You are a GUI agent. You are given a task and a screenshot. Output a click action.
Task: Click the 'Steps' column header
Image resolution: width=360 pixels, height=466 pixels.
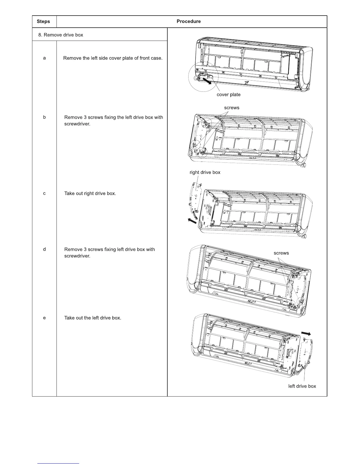coord(43,21)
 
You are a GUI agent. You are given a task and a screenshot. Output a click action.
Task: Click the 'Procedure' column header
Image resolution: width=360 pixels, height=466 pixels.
coord(189,21)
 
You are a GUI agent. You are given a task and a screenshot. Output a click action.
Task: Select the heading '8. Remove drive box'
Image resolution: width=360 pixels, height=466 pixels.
coord(61,35)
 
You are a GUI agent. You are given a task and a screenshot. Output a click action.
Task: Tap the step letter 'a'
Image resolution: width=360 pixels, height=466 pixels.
coord(44,58)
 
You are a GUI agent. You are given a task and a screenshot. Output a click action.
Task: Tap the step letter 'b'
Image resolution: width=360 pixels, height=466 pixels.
coord(44,117)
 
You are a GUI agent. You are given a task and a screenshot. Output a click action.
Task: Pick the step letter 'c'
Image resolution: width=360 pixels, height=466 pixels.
coord(44,194)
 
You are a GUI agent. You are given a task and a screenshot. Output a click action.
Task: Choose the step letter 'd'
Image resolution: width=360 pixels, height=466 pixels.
coord(44,249)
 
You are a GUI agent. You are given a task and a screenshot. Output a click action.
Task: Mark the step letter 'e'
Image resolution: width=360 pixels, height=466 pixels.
coord(44,318)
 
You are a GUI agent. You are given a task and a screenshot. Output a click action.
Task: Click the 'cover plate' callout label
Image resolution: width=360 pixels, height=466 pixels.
coord(229,95)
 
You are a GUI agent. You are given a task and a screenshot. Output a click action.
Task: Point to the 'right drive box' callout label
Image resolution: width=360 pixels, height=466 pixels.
coord(205,172)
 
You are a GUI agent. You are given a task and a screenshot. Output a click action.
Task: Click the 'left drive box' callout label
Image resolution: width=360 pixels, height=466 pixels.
coord(302,386)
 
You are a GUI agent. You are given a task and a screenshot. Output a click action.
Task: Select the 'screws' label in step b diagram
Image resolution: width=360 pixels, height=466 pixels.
coord(231,108)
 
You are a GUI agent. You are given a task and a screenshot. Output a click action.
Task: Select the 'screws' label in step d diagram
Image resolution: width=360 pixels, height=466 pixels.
coord(281,253)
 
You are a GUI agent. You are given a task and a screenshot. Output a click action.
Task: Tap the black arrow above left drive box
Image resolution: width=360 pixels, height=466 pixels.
coord(306,333)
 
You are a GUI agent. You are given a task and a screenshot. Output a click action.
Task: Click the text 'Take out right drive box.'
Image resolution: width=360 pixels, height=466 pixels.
coord(90,194)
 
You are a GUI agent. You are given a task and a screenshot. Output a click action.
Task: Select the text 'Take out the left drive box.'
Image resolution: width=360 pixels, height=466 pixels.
coord(93,318)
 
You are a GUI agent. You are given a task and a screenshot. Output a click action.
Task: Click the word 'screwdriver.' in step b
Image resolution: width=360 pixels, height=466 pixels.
coord(77,124)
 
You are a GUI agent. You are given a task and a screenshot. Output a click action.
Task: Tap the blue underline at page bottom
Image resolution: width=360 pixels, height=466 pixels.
coord(58,464)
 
